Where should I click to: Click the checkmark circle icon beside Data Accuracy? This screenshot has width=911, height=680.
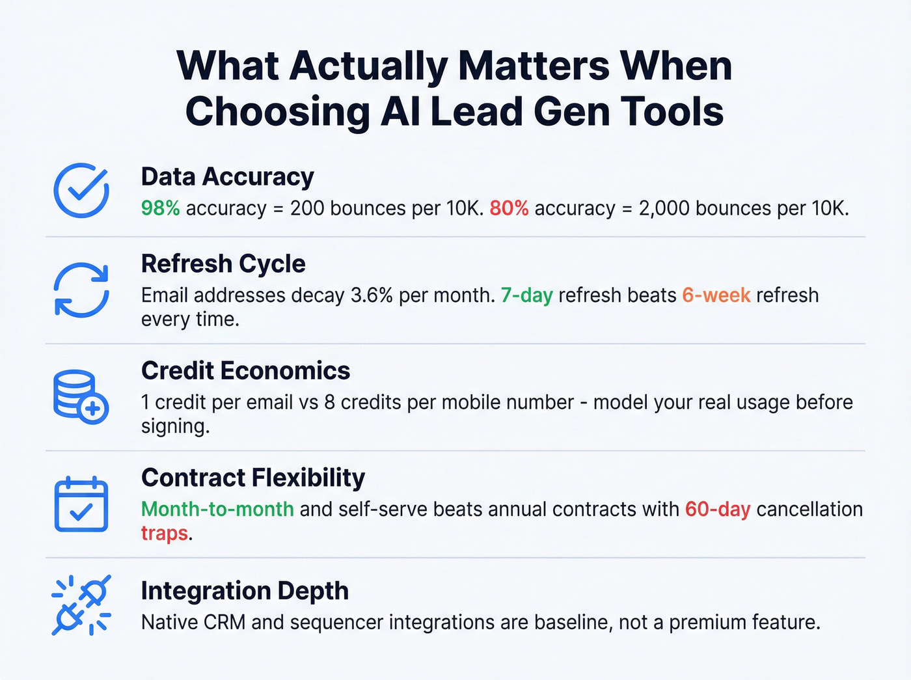(x=81, y=190)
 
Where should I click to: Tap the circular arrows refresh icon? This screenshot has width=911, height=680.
(x=81, y=290)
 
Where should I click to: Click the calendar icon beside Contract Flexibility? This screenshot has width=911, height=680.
(x=81, y=504)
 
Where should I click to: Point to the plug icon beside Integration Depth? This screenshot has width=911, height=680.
(x=81, y=605)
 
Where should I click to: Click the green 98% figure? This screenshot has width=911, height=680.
(x=160, y=208)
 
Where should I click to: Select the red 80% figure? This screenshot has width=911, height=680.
(x=509, y=208)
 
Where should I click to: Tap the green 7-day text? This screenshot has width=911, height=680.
(x=526, y=295)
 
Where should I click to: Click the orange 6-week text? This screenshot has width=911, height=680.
(x=716, y=295)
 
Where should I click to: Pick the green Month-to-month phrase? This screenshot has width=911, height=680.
(x=217, y=509)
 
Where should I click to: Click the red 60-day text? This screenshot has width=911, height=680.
(x=718, y=509)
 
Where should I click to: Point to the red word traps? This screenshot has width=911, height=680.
(x=164, y=533)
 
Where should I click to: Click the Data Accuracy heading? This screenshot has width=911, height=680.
(x=227, y=177)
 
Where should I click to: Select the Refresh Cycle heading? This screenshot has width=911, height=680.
(x=223, y=264)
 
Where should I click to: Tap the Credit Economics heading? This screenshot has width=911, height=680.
(x=245, y=371)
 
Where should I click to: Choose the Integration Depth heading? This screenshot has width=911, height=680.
(x=245, y=591)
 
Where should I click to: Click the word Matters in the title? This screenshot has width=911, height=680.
(x=534, y=66)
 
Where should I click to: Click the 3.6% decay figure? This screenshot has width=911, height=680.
(x=372, y=295)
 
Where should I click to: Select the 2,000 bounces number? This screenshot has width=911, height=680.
(x=664, y=208)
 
